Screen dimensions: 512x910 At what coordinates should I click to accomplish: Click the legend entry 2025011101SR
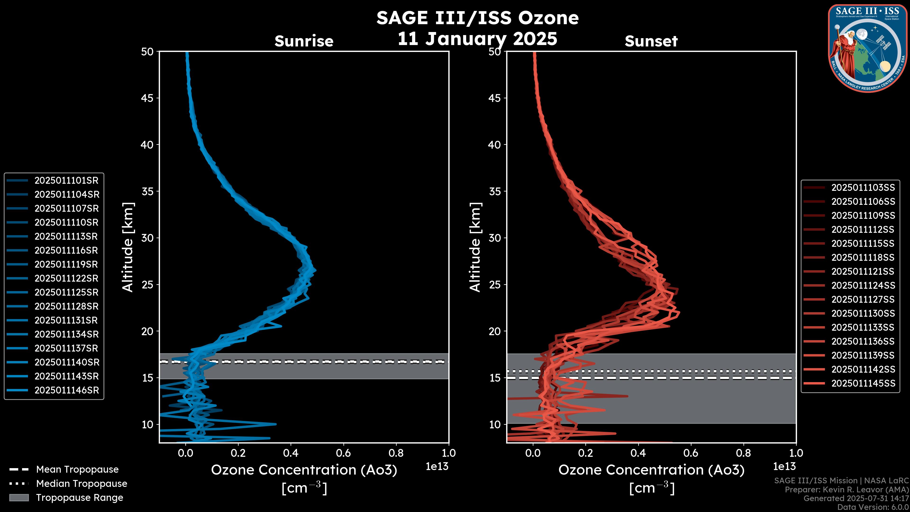(x=66, y=181)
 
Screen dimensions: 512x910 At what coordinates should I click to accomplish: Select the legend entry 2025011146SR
(x=66, y=390)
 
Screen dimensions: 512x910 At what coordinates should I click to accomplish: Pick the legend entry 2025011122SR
(x=66, y=279)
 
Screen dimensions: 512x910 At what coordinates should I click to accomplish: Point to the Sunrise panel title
(x=304, y=41)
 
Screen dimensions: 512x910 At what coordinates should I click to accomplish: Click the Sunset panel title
(x=651, y=41)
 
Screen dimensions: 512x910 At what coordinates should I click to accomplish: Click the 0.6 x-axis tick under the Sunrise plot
(x=343, y=453)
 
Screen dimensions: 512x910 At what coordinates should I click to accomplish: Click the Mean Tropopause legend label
(x=77, y=470)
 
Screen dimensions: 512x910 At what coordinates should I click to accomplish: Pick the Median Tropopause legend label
(x=82, y=484)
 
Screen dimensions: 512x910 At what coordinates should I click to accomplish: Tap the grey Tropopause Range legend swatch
(x=19, y=498)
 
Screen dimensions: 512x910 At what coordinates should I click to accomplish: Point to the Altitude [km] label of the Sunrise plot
(x=128, y=247)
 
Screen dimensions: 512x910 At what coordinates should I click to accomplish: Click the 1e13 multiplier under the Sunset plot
(x=784, y=467)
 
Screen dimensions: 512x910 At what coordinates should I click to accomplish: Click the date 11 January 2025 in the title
(x=477, y=39)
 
